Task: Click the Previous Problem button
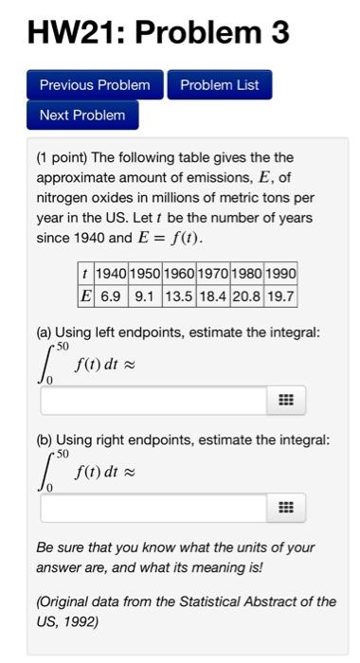click(x=95, y=85)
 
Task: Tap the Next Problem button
click(x=82, y=115)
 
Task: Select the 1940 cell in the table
click(x=112, y=274)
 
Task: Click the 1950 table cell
click(x=146, y=274)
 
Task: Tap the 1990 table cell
click(x=281, y=274)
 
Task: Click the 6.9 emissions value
click(x=112, y=295)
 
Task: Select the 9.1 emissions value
click(x=146, y=295)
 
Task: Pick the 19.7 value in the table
click(x=281, y=295)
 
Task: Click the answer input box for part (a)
click(x=153, y=401)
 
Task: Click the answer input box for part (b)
click(x=153, y=509)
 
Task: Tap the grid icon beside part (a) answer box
click(x=286, y=401)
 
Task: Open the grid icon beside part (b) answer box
click(x=286, y=509)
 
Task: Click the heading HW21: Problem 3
click(x=158, y=33)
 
